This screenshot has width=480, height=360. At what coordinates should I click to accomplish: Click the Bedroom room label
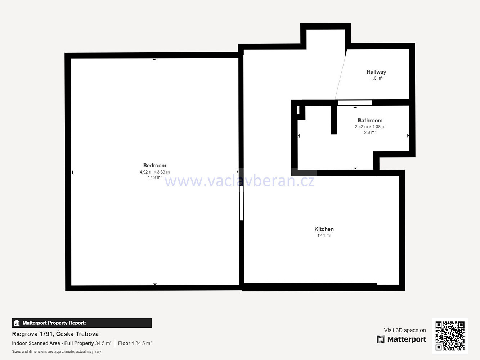pyautogui.click(x=154, y=166)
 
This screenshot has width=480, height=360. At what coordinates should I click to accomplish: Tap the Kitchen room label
pyautogui.click(x=324, y=229)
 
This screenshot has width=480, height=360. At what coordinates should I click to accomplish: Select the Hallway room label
pyautogui.click(x=376, y=72)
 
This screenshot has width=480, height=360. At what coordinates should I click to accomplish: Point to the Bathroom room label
pyautogui.click(x=370, y=121)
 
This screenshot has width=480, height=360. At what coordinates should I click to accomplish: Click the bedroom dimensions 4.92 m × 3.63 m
pyautogui.click(x=154, y=172)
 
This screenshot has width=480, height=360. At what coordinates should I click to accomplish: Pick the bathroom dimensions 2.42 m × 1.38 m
pyautogui.click(x=370, y=127)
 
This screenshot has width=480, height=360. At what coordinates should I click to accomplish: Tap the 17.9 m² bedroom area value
pyautogui.click(x=154, y=177)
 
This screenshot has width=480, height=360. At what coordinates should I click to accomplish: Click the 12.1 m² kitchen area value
pyautogui.click(x=324, y=235)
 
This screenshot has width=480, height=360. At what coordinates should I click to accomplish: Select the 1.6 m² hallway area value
pyautogui.click(x=376, y=78)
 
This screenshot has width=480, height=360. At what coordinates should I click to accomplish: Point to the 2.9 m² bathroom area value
pyautogui.click(x=370, y=132)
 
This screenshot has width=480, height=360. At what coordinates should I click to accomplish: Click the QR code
pyautogui.click(x=450, y=336)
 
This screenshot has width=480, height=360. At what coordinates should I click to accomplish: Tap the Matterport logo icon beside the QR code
pyautogui.click(x=381, y=339)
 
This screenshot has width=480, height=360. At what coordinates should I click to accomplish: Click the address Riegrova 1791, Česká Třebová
pyautogui.click(x=55, y=334)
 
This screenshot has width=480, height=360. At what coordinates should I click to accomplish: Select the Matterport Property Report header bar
pyautogui.click(x=82, y=323)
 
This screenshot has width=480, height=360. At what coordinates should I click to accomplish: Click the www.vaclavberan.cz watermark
pyautogui.click(x=239, y=181)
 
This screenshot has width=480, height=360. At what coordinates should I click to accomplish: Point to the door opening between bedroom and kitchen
pyautogui.click(x=241, y=203)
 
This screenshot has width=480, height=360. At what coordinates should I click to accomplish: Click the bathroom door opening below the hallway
pyautogui.click(x=355, y=103)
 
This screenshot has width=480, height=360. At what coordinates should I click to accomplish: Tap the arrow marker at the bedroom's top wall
pyautogui.click(x=154, y=59)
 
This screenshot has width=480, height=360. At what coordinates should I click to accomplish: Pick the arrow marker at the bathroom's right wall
pyautogui.click(x=408, y=135)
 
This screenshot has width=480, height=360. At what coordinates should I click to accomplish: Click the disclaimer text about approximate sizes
pyautogui.click(x=57, y=351)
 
